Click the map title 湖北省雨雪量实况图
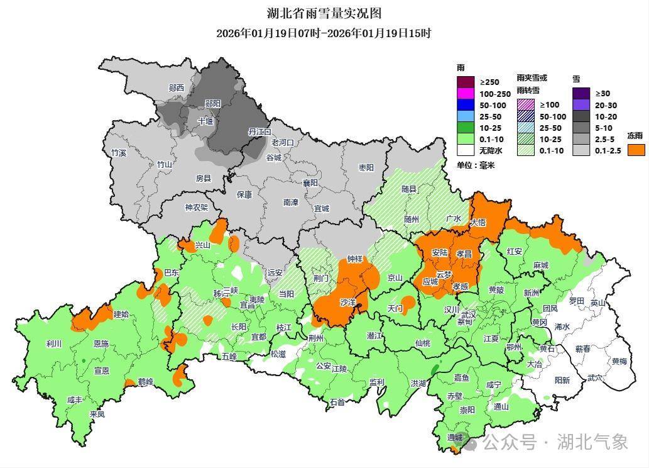(324, 13)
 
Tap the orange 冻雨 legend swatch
(636, 150)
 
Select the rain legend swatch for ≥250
(465, 82)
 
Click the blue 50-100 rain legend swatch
(465, 105)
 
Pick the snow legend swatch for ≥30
(581, 94)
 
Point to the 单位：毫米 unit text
(476, 165)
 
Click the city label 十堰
(205, 121)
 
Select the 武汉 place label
(469, 314)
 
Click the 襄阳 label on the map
(310, 183)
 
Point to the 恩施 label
(101, 344)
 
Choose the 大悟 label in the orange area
(477, 222)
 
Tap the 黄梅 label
(619, 361)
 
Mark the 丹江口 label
(259, 132)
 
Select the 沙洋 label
(348, 303)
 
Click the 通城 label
(454, 437)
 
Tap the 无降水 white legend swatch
(465, 150)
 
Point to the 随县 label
(409, 189)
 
